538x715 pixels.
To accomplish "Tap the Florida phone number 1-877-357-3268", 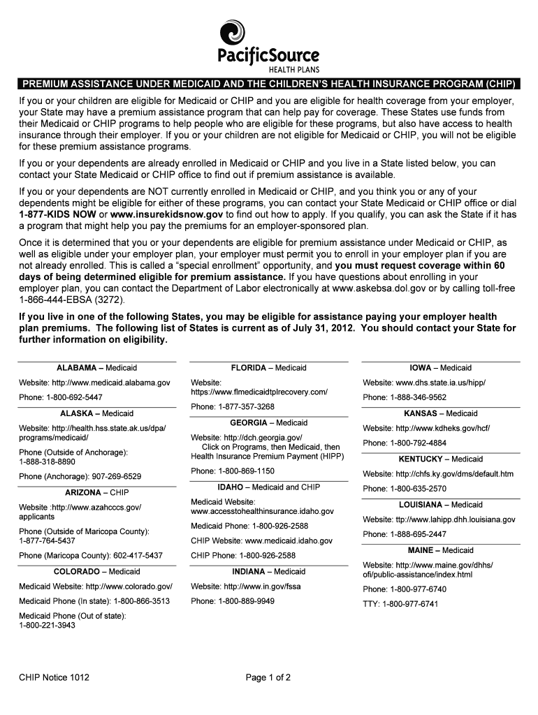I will pos(246,406).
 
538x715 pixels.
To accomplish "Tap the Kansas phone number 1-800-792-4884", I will pos(418,443).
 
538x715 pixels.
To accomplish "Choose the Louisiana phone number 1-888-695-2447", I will pos(418,535).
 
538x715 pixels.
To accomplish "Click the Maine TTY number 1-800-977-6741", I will pos(412,604).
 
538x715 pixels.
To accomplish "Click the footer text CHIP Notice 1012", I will pos(54,677).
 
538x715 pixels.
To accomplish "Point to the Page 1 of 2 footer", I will pos(268,677).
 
